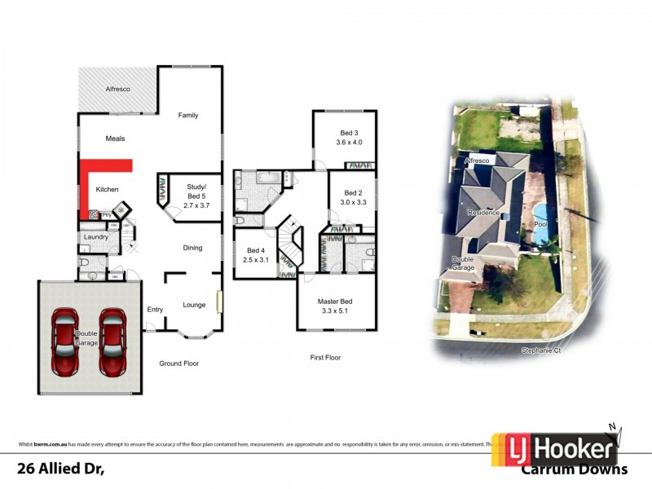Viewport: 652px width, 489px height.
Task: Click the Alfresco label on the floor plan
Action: [x=118, y=88]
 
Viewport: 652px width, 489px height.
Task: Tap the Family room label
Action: [x=188, y=116]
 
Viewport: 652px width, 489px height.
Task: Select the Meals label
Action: [x=115, y=139]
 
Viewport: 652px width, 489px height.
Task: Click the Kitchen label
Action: [x=108, y=189]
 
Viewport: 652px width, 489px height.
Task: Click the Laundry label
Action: [x=95, y=237]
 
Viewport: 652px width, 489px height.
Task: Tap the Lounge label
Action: [x=194, y=305]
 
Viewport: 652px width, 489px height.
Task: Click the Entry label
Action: [x=155, y=309]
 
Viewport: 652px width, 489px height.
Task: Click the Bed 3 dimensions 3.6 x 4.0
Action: [x=350, y=143]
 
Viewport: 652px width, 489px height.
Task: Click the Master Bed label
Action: [x=335, y=302]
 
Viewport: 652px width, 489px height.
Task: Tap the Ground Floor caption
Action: [x=179, y=363]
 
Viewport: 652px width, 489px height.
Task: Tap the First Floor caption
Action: [x=325, y=357]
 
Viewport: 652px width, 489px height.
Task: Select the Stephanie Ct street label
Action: [x=542, y=350]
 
